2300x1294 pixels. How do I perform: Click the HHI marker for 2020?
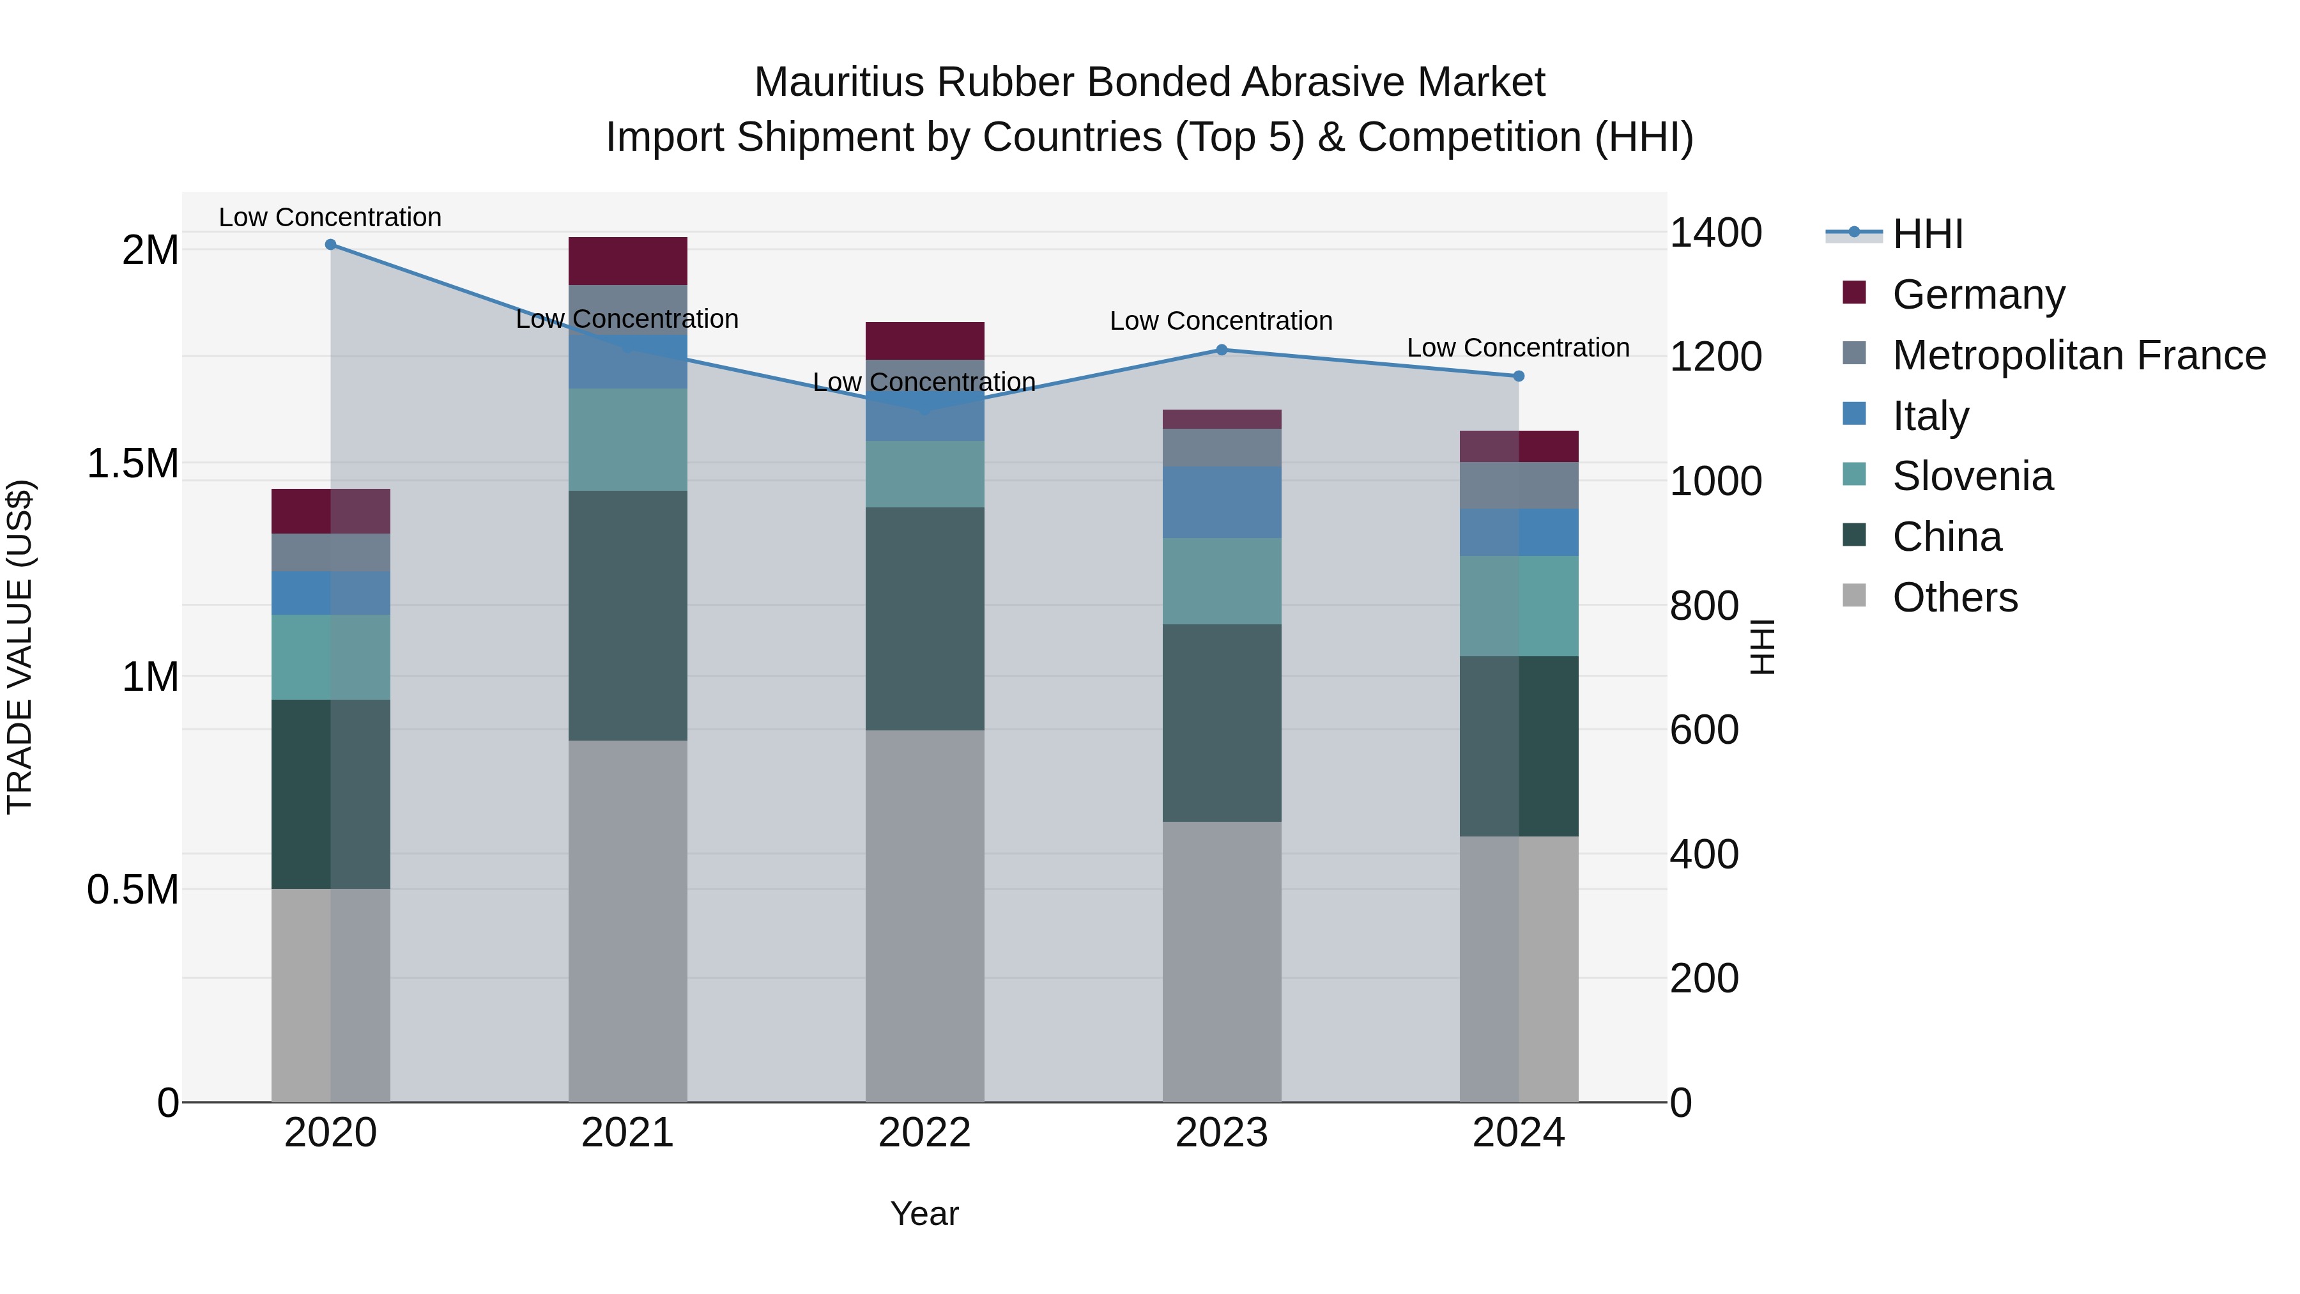coord(330,245)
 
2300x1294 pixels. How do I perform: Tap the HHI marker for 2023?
coord(1222,350)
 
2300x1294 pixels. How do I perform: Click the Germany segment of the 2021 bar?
coord(627,261)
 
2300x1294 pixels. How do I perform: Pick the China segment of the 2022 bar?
coord(925,619)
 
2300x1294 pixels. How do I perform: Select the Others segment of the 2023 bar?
coord(1222,962)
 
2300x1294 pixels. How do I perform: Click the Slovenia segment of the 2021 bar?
coord(627,440)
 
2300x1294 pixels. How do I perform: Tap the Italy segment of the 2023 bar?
coord(1222,502)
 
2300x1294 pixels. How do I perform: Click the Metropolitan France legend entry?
coord(2078,355)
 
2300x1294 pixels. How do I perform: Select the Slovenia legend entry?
coord(1972,476)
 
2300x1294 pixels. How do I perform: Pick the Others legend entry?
coord(1954,597)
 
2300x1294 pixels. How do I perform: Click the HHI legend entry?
coord(1927,234)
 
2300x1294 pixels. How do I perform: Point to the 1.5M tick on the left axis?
coord(133,463)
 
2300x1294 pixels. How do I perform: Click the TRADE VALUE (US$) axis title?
coord(20,647)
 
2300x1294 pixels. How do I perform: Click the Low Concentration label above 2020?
coord(330,217)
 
